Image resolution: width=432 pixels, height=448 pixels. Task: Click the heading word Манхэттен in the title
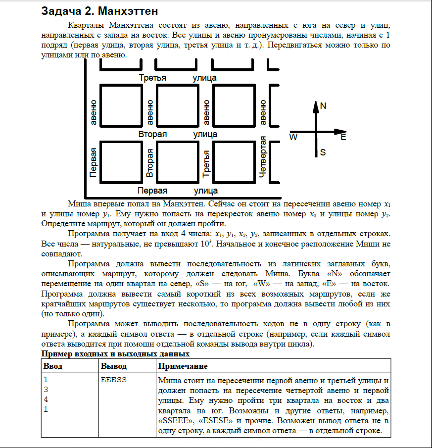(x=129, y=10)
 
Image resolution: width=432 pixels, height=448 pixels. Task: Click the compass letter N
(x=323, y=106)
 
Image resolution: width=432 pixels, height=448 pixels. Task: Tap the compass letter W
(x=293, y=137)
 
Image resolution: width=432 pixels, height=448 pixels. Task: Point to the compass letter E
(x=343, y=137)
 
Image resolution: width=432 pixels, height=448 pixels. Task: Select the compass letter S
(x=323, y=152)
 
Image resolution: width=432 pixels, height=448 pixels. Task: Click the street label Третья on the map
(x=152, y=78)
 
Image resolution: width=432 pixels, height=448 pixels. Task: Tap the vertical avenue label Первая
(x=93, y=162)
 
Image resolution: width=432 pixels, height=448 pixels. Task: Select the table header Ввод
(x=53, y=366)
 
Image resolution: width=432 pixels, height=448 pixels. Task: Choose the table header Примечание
(x=183, y=366)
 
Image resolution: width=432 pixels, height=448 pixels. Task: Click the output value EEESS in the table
(x=114, y=380)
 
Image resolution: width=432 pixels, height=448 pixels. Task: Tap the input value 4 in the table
(x=46, y=399)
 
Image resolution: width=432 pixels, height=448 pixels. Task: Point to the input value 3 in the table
(x=46, y=390)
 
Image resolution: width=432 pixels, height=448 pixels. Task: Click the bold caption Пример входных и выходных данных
(x=115, y=354)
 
